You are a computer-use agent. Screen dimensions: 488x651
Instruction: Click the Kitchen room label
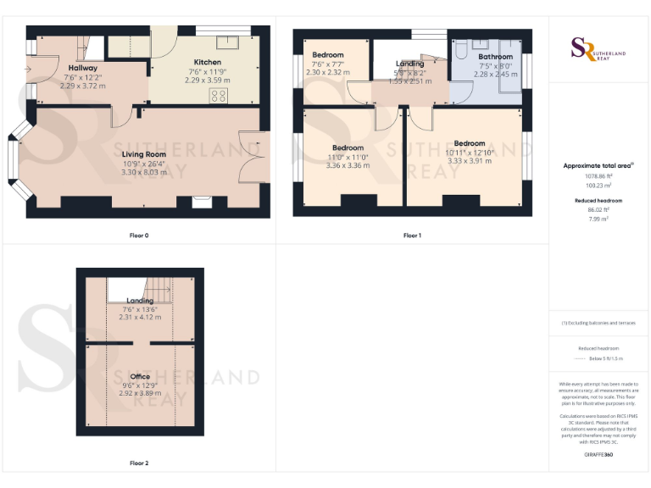208,63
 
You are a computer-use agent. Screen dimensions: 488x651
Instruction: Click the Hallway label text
82,68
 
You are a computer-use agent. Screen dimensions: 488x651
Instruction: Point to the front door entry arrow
30,69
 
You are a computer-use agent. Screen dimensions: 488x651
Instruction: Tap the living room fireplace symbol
202,202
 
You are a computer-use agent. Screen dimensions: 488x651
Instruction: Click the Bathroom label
495,57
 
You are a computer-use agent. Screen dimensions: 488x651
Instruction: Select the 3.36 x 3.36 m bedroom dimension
348,165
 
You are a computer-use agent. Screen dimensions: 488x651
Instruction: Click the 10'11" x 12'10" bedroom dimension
469,152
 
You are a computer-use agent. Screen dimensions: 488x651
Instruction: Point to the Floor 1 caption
412,235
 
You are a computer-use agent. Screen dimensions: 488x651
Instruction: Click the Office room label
140,376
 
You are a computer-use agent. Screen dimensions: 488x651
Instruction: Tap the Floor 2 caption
139,463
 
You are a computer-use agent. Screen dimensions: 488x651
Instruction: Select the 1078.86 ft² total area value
598,175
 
